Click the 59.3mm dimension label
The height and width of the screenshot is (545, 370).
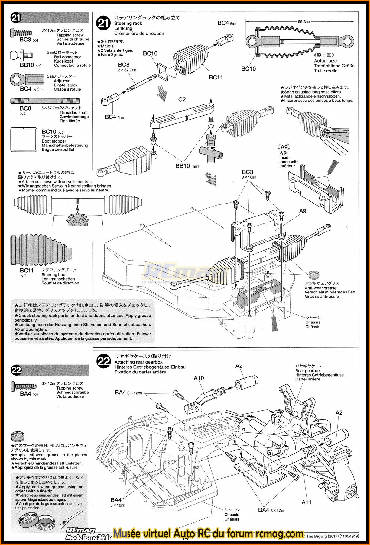303,21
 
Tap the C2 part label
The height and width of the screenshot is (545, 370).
182,99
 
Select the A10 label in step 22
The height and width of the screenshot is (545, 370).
199,378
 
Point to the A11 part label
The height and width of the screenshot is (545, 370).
306,502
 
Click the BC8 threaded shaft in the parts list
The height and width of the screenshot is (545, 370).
45,101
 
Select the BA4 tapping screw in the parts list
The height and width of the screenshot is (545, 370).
24,386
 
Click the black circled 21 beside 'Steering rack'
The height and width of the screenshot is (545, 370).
103,23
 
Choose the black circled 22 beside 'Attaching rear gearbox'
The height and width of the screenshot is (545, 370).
103,361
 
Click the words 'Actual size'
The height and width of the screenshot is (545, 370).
325,61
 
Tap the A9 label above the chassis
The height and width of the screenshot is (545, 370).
303,211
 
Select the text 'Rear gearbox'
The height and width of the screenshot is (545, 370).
308,371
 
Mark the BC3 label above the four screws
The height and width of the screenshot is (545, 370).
247,172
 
